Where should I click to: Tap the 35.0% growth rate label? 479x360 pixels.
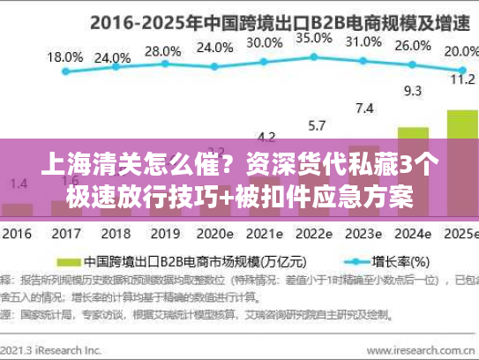click(313, 38)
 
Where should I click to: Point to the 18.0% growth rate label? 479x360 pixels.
click(64, 57)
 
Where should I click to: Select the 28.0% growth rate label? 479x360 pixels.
click(161, 51)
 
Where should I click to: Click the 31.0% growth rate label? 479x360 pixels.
click(363, 41)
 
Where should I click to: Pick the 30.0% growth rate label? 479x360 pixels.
click(264, 41)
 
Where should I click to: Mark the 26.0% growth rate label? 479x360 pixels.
click(412, 47)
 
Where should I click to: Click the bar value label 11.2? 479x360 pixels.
click(462, 79)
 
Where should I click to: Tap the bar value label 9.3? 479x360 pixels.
click(412, 90)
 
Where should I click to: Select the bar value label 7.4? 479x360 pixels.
click(363, 109)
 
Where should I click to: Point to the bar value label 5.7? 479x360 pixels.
click(315, 125)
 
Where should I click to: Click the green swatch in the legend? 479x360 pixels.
click(66, 262)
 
